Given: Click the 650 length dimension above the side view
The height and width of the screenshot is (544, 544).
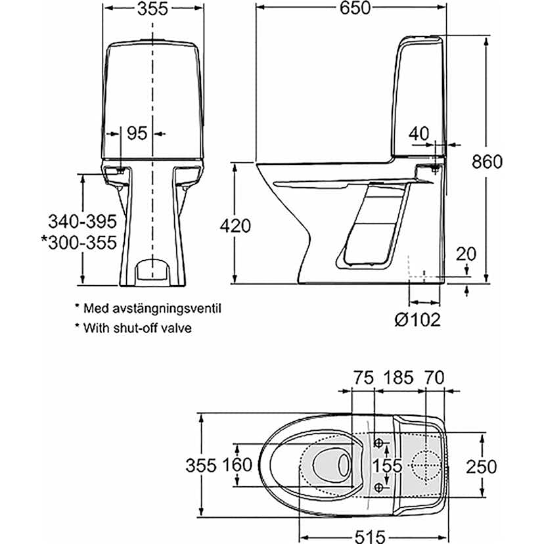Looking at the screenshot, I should point(354,8).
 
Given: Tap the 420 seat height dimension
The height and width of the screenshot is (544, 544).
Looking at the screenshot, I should point(235,226).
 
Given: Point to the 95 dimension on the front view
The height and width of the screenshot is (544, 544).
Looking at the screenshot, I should point(136,133).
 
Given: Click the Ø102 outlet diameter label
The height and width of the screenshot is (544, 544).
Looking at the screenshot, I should point(417,320).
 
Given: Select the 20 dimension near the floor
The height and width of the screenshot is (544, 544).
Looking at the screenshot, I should point(465,253).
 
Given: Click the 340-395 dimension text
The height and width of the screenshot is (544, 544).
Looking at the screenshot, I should point(81,221).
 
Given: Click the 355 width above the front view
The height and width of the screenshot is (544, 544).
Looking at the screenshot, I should point(152,8).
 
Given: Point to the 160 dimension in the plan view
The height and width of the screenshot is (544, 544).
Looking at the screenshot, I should point(237,465).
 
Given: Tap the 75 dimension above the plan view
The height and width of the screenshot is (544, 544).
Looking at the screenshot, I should point(363,377).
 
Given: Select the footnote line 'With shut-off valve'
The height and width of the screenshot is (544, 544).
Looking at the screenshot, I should point(137,327).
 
